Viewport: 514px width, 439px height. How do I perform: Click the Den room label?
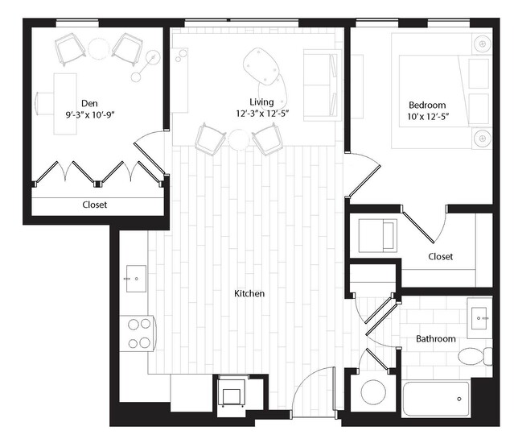coord(89,103)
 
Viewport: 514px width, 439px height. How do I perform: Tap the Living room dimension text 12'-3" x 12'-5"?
coord(262,114)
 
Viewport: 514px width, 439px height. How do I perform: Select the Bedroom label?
coord(427,105)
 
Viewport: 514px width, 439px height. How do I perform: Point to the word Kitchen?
coord(249,293)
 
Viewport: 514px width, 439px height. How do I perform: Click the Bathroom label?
coord(436,338)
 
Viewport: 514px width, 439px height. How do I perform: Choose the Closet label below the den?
coord(94,205)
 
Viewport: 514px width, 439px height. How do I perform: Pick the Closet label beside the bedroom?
coord(440,256)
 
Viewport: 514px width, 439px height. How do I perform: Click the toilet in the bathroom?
coord(475,357)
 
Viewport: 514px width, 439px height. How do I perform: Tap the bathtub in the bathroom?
coord(436,399)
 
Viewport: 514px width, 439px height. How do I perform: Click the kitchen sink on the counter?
coord(136,279)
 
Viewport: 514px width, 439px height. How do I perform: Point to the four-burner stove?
coord(138,333)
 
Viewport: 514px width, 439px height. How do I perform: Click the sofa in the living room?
coord(322,85)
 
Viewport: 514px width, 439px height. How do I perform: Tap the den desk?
coord(65,104)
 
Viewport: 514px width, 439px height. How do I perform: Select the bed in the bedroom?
coord(442,91)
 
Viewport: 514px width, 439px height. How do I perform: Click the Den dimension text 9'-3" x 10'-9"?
coord(90,114)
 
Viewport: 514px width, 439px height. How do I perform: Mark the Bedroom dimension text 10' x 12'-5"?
coord(428,117)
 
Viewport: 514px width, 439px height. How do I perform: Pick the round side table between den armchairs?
coord(98,48)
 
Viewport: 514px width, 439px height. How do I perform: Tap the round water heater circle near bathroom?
coord(373,392)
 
